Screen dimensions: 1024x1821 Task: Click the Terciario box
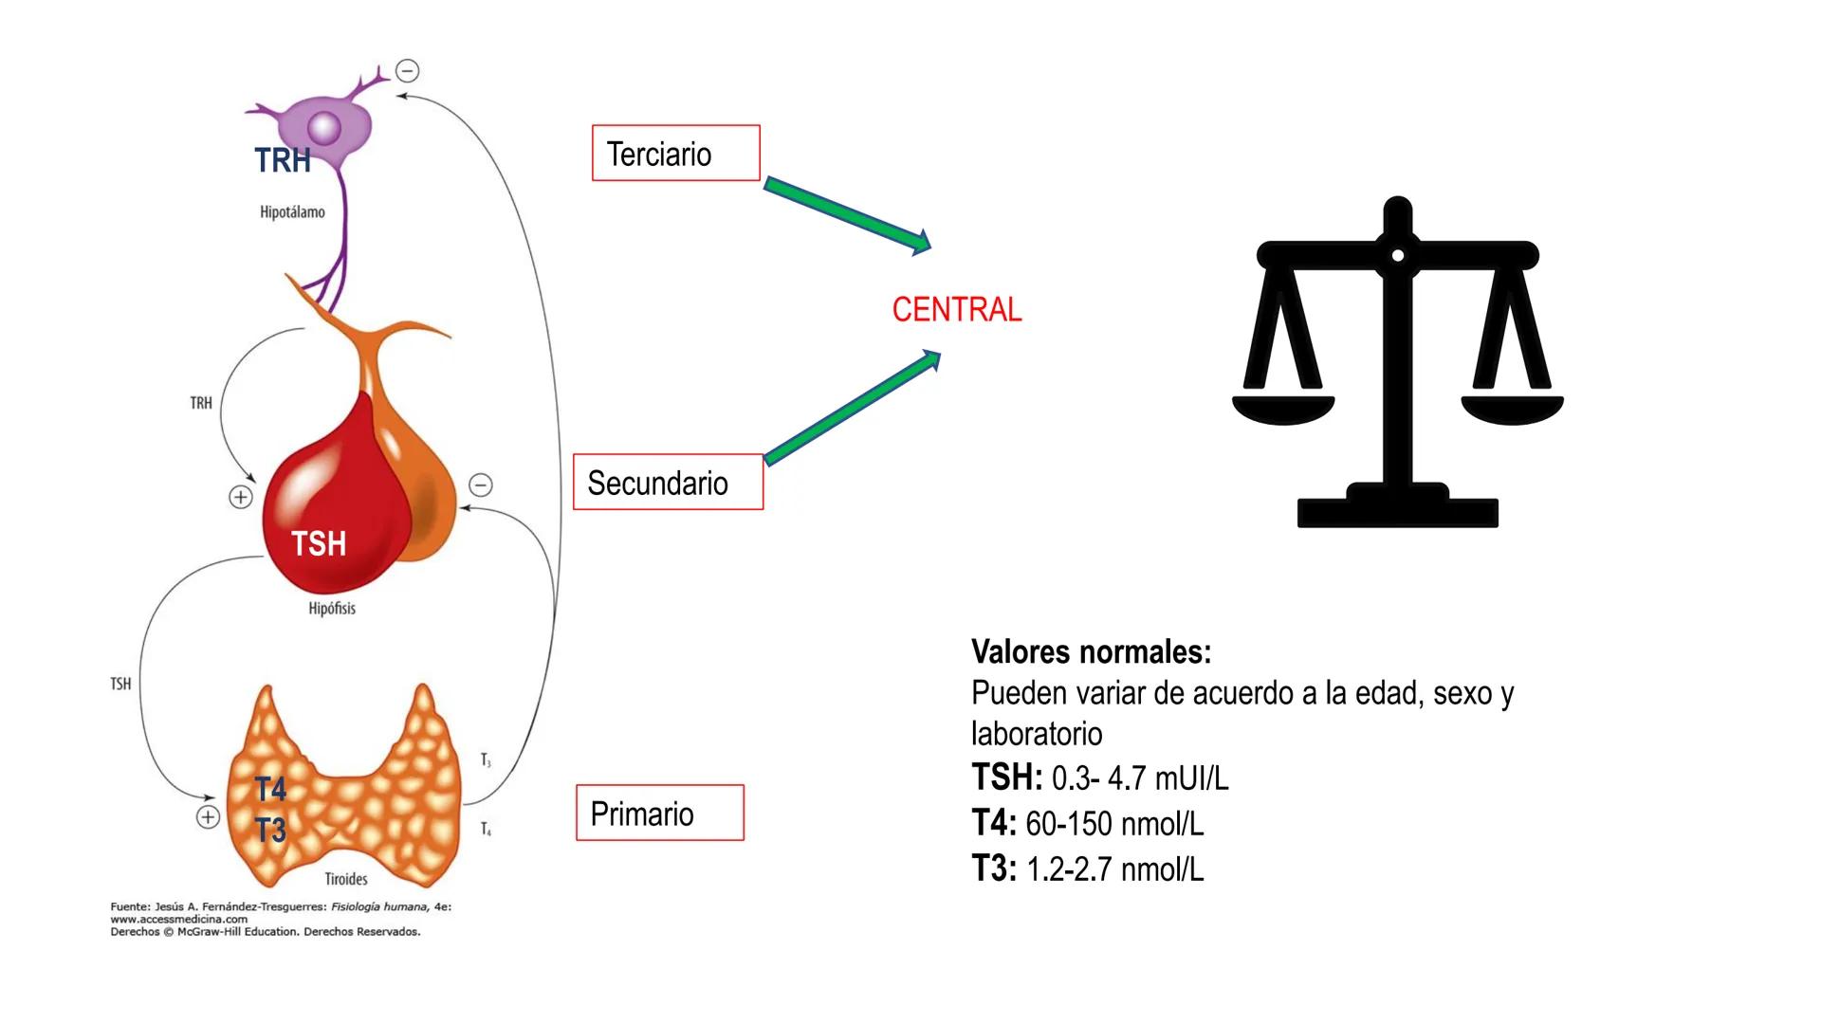click(675, 153)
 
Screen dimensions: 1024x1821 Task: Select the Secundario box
click(668, 483)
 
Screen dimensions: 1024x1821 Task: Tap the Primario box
click(660, 814)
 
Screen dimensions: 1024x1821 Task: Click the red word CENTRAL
click(957, 310)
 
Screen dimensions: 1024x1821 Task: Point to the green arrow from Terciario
click(846, 214)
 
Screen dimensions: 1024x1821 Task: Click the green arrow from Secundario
click(852, 408)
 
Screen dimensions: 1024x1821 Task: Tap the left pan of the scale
click(1282, 409)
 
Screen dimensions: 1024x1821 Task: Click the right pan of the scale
click(1512, 409)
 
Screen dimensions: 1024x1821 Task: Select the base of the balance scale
click(1397, 510)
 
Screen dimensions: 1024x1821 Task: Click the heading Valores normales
click(1091, 652)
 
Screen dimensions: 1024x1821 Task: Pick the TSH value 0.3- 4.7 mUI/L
click(1139, 778)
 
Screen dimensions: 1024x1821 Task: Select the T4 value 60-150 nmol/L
click(1114, 824)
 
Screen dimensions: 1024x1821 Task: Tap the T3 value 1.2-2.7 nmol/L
click(1114, 869)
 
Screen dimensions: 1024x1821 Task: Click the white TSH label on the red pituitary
click(319, 544)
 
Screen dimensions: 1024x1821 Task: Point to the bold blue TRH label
click(283, 160)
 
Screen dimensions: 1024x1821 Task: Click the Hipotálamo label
click(292, 212)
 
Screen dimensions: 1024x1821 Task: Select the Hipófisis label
click(332, 609)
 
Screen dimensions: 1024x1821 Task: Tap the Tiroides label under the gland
click(346, 879)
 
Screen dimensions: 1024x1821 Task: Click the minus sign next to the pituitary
click(481, 485)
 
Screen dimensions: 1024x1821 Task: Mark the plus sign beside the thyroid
click(208, 817)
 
